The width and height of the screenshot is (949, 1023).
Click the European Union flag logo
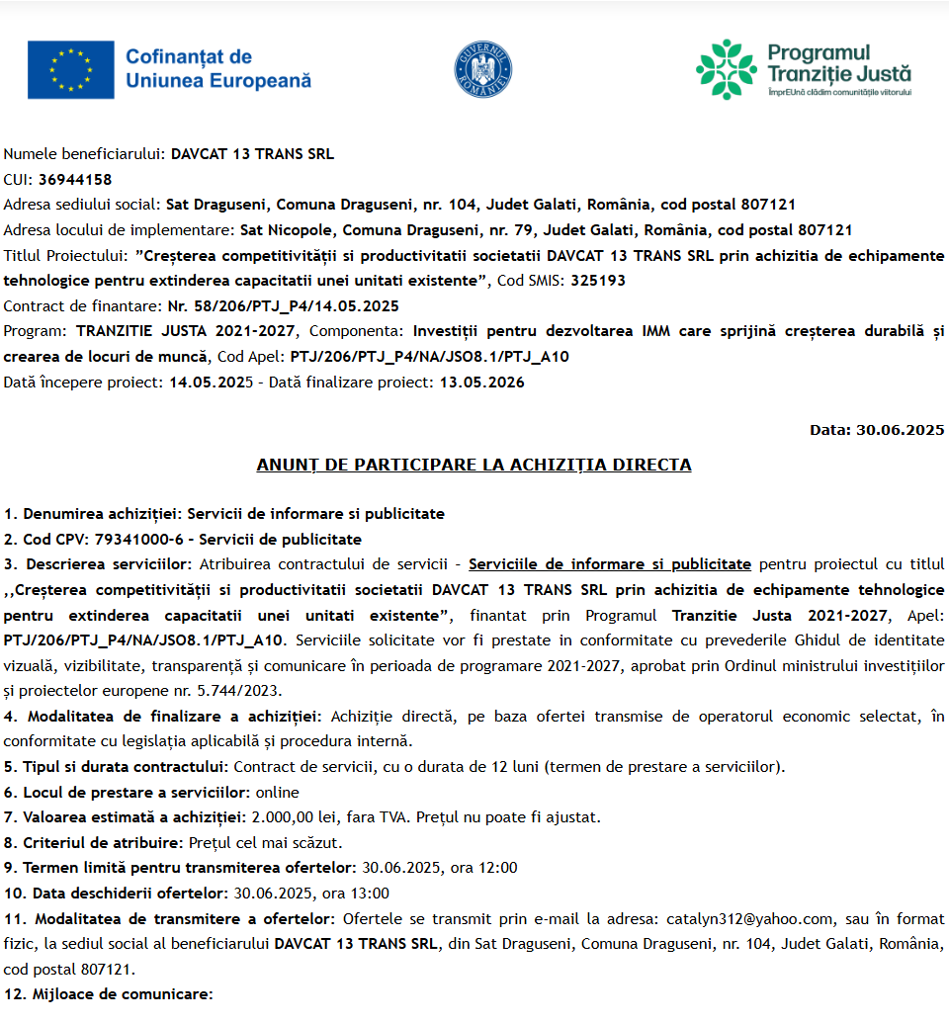[71, 69]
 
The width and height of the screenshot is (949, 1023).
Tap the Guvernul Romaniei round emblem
[482, 69]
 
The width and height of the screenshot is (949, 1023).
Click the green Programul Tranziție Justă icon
[726, 69]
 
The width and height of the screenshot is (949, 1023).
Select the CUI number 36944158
[75, 179]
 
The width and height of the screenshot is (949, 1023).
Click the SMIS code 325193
[598, 280]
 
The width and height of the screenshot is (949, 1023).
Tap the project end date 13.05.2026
[482, 382]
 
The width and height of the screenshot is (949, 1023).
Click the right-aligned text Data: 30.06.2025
[877, 430]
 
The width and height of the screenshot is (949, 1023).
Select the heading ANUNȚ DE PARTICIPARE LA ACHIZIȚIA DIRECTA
[474, 465]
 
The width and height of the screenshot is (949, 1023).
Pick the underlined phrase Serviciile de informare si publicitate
[609, 564]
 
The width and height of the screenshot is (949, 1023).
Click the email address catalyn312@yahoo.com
[750, 918]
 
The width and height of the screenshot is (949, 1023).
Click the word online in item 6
[277, 792]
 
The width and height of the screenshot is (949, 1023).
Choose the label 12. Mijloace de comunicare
[108, 994]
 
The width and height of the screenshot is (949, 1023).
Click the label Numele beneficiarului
[82, 154]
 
